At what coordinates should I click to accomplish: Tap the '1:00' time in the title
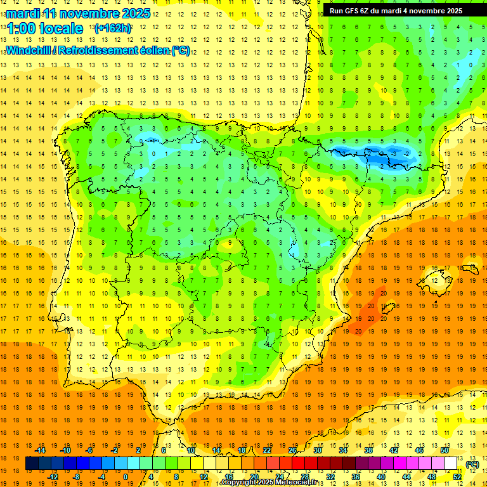(22, 29)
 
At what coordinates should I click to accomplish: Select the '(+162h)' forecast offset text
(112, 28)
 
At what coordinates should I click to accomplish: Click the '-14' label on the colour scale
(41, 450)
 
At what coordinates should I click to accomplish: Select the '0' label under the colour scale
(126, 477)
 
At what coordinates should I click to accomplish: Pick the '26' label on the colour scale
(292, 450)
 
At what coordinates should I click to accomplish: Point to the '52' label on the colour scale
(457, 477)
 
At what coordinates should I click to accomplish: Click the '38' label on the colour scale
(368, 450)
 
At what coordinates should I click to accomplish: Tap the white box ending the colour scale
(450, 464)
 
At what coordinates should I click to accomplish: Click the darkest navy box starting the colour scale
(32, 464)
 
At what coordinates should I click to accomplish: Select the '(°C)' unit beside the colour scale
(472, 464)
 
